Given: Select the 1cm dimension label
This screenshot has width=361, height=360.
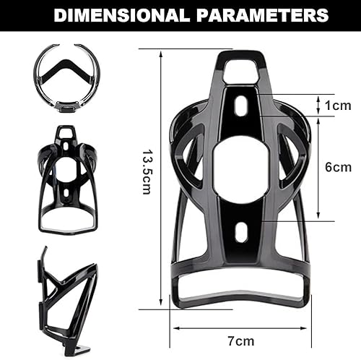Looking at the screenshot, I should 337,106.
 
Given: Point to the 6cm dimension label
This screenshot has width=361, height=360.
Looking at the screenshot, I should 337,167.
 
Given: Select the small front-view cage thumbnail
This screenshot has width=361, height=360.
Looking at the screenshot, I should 68,181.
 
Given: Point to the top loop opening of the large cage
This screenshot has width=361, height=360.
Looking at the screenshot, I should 240,71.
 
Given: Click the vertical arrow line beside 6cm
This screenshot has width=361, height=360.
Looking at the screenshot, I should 318,167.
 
